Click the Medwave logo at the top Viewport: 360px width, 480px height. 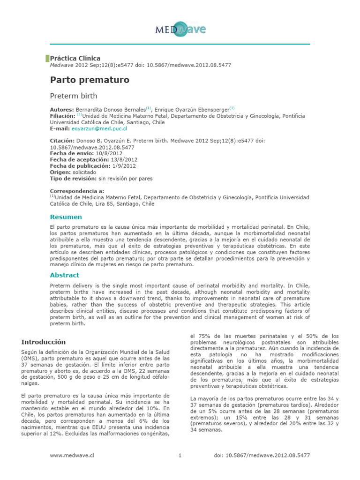tap(180, 30)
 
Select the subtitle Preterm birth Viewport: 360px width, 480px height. tap(74, 96)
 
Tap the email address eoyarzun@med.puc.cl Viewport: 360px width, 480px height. tap(99, 128)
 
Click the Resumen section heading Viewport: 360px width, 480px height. tap(66, 217)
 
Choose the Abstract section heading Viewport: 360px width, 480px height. tap(65, 275)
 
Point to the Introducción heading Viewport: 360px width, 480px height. tap(44, 342)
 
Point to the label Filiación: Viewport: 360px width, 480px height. tap(63, 115)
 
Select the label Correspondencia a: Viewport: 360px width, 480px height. tap(77, 191)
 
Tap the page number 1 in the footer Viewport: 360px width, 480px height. tap(180, 455)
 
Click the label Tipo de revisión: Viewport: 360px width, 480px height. tap(73, 179)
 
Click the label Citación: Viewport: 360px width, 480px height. tap(62, 141)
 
